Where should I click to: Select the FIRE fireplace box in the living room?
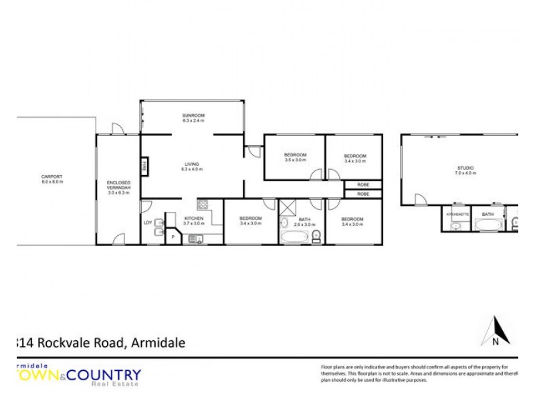click(144, 165)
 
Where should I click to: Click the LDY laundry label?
click(147, 223)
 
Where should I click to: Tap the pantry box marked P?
click(172, 236)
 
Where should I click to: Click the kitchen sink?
click(199, 240)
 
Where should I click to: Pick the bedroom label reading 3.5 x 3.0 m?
click(295, 158)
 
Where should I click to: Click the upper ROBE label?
click(362, 184)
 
